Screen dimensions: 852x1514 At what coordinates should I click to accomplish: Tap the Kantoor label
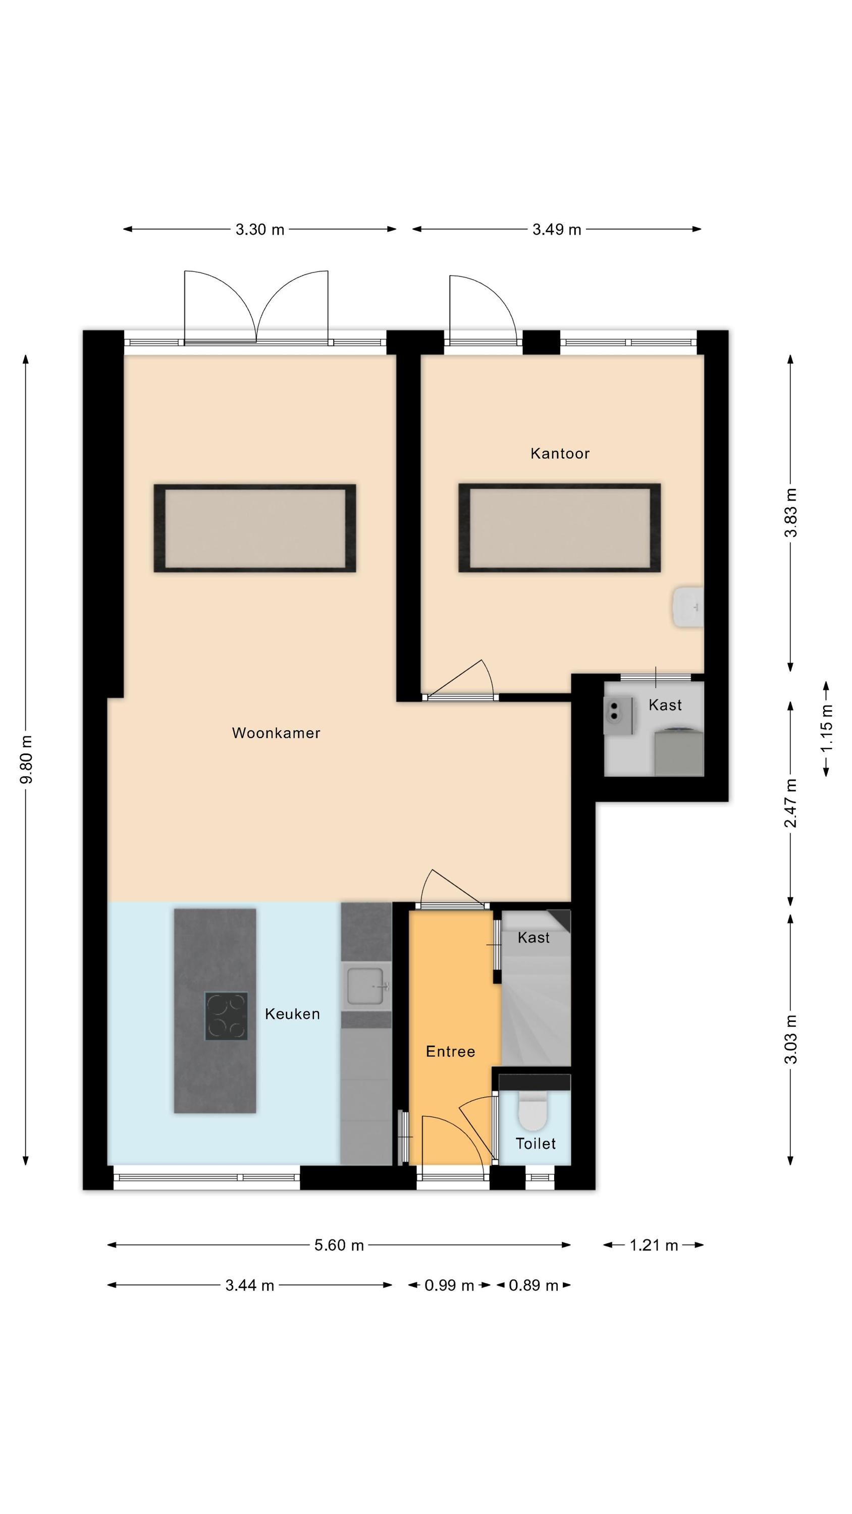(x=560, y=453)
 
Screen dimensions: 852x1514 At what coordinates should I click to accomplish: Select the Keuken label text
(x=292, y=1014)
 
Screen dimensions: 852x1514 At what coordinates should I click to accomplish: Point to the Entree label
(x=450, y=1051)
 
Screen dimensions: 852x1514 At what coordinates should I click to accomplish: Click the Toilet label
(x=536, y=1143)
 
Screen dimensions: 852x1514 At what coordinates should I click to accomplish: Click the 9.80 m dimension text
(x=26, y=760)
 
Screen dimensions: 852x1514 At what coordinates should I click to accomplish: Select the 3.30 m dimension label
(x=260, y=229)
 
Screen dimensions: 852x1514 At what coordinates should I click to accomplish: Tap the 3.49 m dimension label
(x=557, y=229)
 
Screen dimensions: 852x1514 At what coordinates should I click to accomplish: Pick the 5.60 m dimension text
(x=339, y=1246)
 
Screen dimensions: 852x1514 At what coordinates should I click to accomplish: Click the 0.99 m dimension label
(x=449, y=1285)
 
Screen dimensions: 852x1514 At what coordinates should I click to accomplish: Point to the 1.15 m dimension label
(x=827, y=728)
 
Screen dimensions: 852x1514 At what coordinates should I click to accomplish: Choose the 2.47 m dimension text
(x=791, y=803)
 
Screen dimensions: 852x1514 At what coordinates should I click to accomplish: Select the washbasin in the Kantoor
(x=688, y=607)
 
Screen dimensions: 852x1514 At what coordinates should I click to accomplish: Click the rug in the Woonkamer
(x=254, y=528)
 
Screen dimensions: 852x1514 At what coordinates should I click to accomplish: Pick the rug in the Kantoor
(x=559, y=527)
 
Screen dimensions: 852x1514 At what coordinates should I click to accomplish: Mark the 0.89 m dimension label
(x=534, y=1285)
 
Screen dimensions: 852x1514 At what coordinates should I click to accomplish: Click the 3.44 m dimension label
(x=250, y=1285)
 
